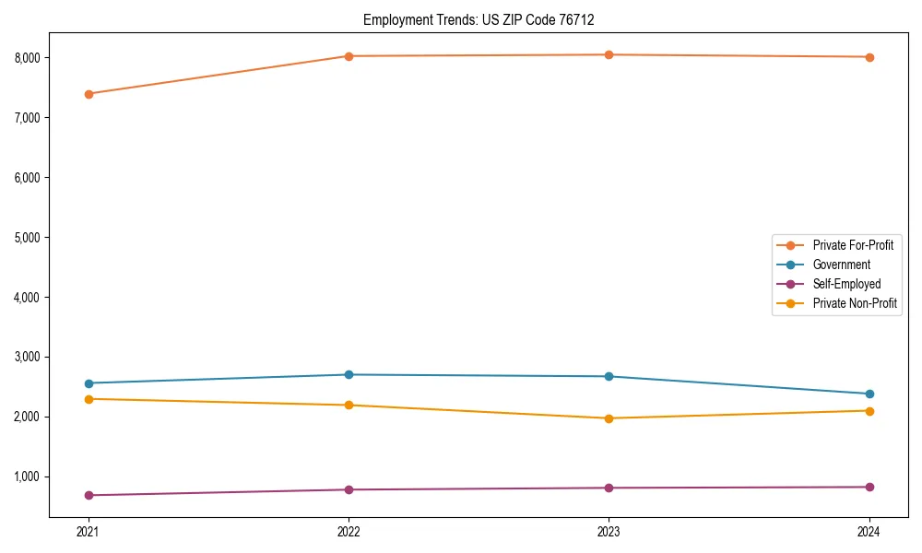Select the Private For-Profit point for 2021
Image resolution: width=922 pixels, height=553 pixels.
point(89,94)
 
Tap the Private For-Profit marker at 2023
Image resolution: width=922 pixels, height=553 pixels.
point(609,55)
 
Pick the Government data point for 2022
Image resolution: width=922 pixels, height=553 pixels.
point(349,375)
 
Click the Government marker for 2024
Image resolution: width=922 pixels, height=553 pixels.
point(869,394)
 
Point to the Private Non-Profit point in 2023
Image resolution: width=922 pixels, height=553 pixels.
point(609,418)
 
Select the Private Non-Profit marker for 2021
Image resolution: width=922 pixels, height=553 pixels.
point(89,399)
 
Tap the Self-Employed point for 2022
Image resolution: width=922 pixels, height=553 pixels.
point(349,489)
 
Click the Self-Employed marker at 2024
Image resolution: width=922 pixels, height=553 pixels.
point(869,488)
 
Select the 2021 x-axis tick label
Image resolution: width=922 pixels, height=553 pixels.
point(89,532)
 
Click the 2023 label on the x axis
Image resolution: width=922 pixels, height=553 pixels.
point(609,532)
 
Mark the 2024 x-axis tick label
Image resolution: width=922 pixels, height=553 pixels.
point(869,532)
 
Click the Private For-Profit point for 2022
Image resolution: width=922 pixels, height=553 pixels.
point(349,56)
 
